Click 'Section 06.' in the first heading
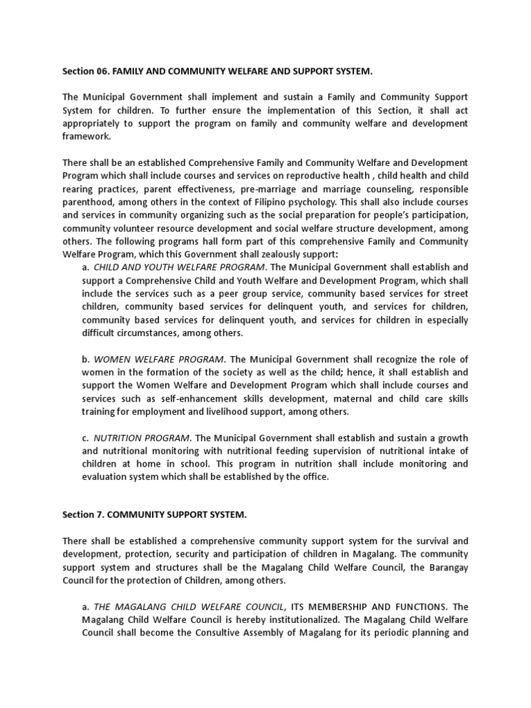coord(85,71)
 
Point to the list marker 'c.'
coord(86,438)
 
